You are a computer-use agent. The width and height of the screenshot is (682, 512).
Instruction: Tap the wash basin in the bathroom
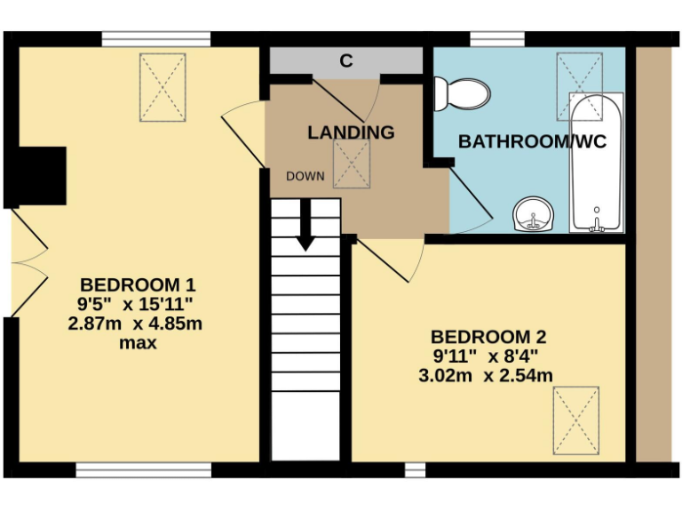coord(534,214)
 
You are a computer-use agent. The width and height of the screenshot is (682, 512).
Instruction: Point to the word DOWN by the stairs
coord(304,176)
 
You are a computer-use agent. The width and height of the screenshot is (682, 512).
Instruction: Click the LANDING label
coord(351,132)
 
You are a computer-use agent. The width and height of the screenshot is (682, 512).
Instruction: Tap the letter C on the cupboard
coord(346,61)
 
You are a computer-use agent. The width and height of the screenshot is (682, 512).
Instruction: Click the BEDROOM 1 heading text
coord(138,285)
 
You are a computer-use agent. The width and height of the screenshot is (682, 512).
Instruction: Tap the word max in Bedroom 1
coord(138,342)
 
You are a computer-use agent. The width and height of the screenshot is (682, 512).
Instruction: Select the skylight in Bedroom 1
coord(163,87)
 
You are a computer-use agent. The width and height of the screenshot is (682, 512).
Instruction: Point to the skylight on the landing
coord(352,164)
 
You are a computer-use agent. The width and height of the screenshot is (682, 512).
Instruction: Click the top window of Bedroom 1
coord(155,39)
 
